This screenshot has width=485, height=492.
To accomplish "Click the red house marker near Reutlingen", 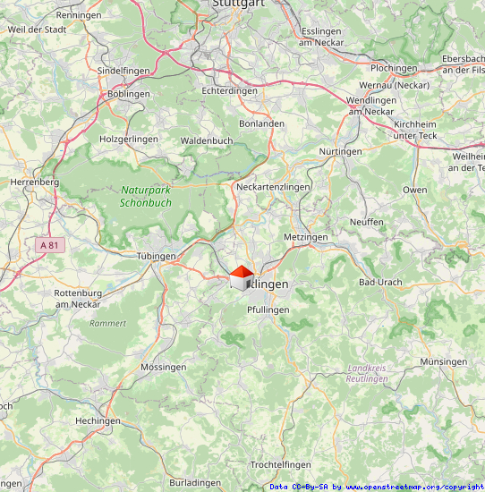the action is tap(241, 277).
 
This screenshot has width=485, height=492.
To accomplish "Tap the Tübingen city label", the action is tap(156, 256).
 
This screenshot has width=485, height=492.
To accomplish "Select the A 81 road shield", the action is tap(51, 244).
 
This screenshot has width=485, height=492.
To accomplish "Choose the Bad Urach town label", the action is tap(379, 282).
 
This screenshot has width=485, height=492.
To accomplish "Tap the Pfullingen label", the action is tap(268, 310).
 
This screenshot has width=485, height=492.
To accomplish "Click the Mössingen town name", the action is tap(164, 367).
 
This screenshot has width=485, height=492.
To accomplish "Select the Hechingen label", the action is tap(98, 420).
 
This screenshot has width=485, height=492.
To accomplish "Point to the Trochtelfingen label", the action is tap(280, 465).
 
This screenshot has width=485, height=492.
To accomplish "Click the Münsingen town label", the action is tap(443, 361).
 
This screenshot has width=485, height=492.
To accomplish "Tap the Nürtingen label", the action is tap(340, 151).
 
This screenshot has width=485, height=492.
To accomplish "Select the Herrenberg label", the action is tap(34, 182).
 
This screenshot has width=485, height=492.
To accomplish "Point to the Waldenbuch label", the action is tap(207, 140).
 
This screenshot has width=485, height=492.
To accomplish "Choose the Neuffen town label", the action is tap(366, 222).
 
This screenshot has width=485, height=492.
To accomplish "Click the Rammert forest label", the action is tap(108, 323).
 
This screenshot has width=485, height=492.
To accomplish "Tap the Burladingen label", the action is tap(196, 482).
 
